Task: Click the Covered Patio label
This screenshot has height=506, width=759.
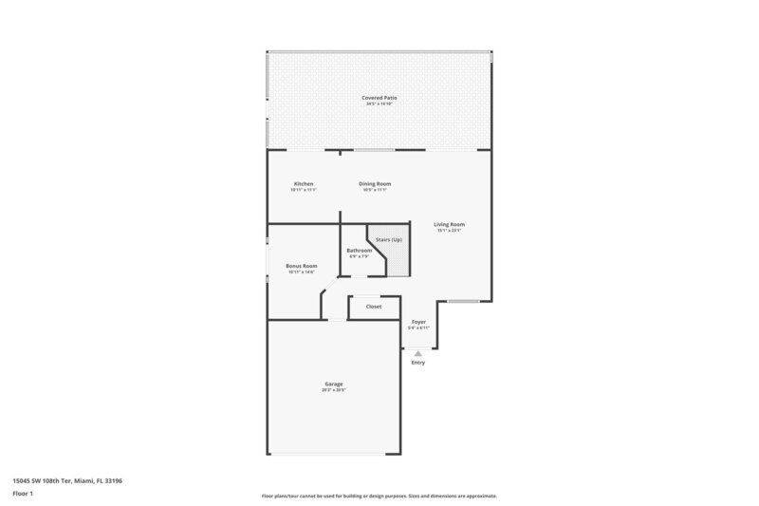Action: tap(379, 98)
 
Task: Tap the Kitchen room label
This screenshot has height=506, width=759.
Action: tap(304, 183)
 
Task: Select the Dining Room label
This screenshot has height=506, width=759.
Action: tap(375, 183)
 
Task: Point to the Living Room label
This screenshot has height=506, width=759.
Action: tap(451, 224)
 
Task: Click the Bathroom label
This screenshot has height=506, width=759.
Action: tap(359, 250)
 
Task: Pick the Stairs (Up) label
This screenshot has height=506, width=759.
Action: tap(389, 239)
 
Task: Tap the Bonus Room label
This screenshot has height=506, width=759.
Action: tap(302, 266)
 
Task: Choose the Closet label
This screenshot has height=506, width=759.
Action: tap(374, 307)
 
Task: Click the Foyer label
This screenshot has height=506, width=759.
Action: tap(418, 322)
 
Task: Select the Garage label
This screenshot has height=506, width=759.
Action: tap(332, 384)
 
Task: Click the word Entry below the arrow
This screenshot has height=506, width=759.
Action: tap(418, 363)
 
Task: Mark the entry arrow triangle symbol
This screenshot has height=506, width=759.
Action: tap(418, 352)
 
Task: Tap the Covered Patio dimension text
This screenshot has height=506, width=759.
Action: tap(379, 103)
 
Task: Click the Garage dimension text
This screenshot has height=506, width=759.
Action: tap(332, 389)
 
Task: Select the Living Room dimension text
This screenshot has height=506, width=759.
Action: tap(451, 230)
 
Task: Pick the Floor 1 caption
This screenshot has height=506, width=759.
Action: tap(23, 493)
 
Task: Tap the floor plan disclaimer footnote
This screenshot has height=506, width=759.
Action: tap(379, 496)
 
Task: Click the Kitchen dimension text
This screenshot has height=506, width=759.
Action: tap(304, 190)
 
